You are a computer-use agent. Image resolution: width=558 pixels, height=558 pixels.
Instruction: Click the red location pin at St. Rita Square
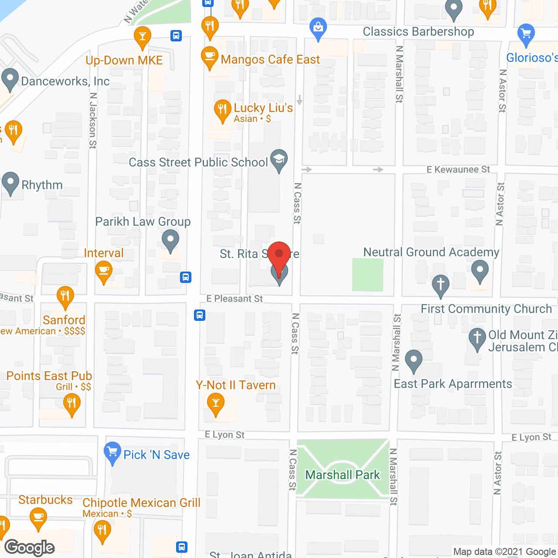279,255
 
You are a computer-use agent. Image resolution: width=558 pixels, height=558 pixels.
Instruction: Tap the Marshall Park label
343,475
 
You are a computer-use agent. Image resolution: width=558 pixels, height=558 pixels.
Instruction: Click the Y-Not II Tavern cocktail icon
215,403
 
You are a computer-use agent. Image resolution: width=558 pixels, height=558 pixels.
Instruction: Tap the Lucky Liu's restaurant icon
222,110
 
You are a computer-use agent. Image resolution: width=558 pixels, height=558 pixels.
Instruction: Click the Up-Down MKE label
124,60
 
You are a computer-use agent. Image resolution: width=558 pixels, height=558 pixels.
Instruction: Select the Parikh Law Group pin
170,240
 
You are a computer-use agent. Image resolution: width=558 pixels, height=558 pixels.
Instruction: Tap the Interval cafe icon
104,272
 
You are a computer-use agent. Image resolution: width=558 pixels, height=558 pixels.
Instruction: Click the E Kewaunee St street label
458,169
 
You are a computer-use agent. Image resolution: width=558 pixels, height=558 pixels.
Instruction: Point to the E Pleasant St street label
235,299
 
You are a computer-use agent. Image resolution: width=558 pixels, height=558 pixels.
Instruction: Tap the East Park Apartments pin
414,361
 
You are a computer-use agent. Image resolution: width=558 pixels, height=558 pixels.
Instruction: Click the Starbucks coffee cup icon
38,519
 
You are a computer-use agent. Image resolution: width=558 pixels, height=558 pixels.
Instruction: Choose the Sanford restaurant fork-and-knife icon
65,297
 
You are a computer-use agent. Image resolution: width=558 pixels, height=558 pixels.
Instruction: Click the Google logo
30,548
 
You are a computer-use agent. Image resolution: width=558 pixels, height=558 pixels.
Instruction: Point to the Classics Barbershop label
418,32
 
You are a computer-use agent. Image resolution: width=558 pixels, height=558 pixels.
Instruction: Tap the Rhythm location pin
10,183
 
